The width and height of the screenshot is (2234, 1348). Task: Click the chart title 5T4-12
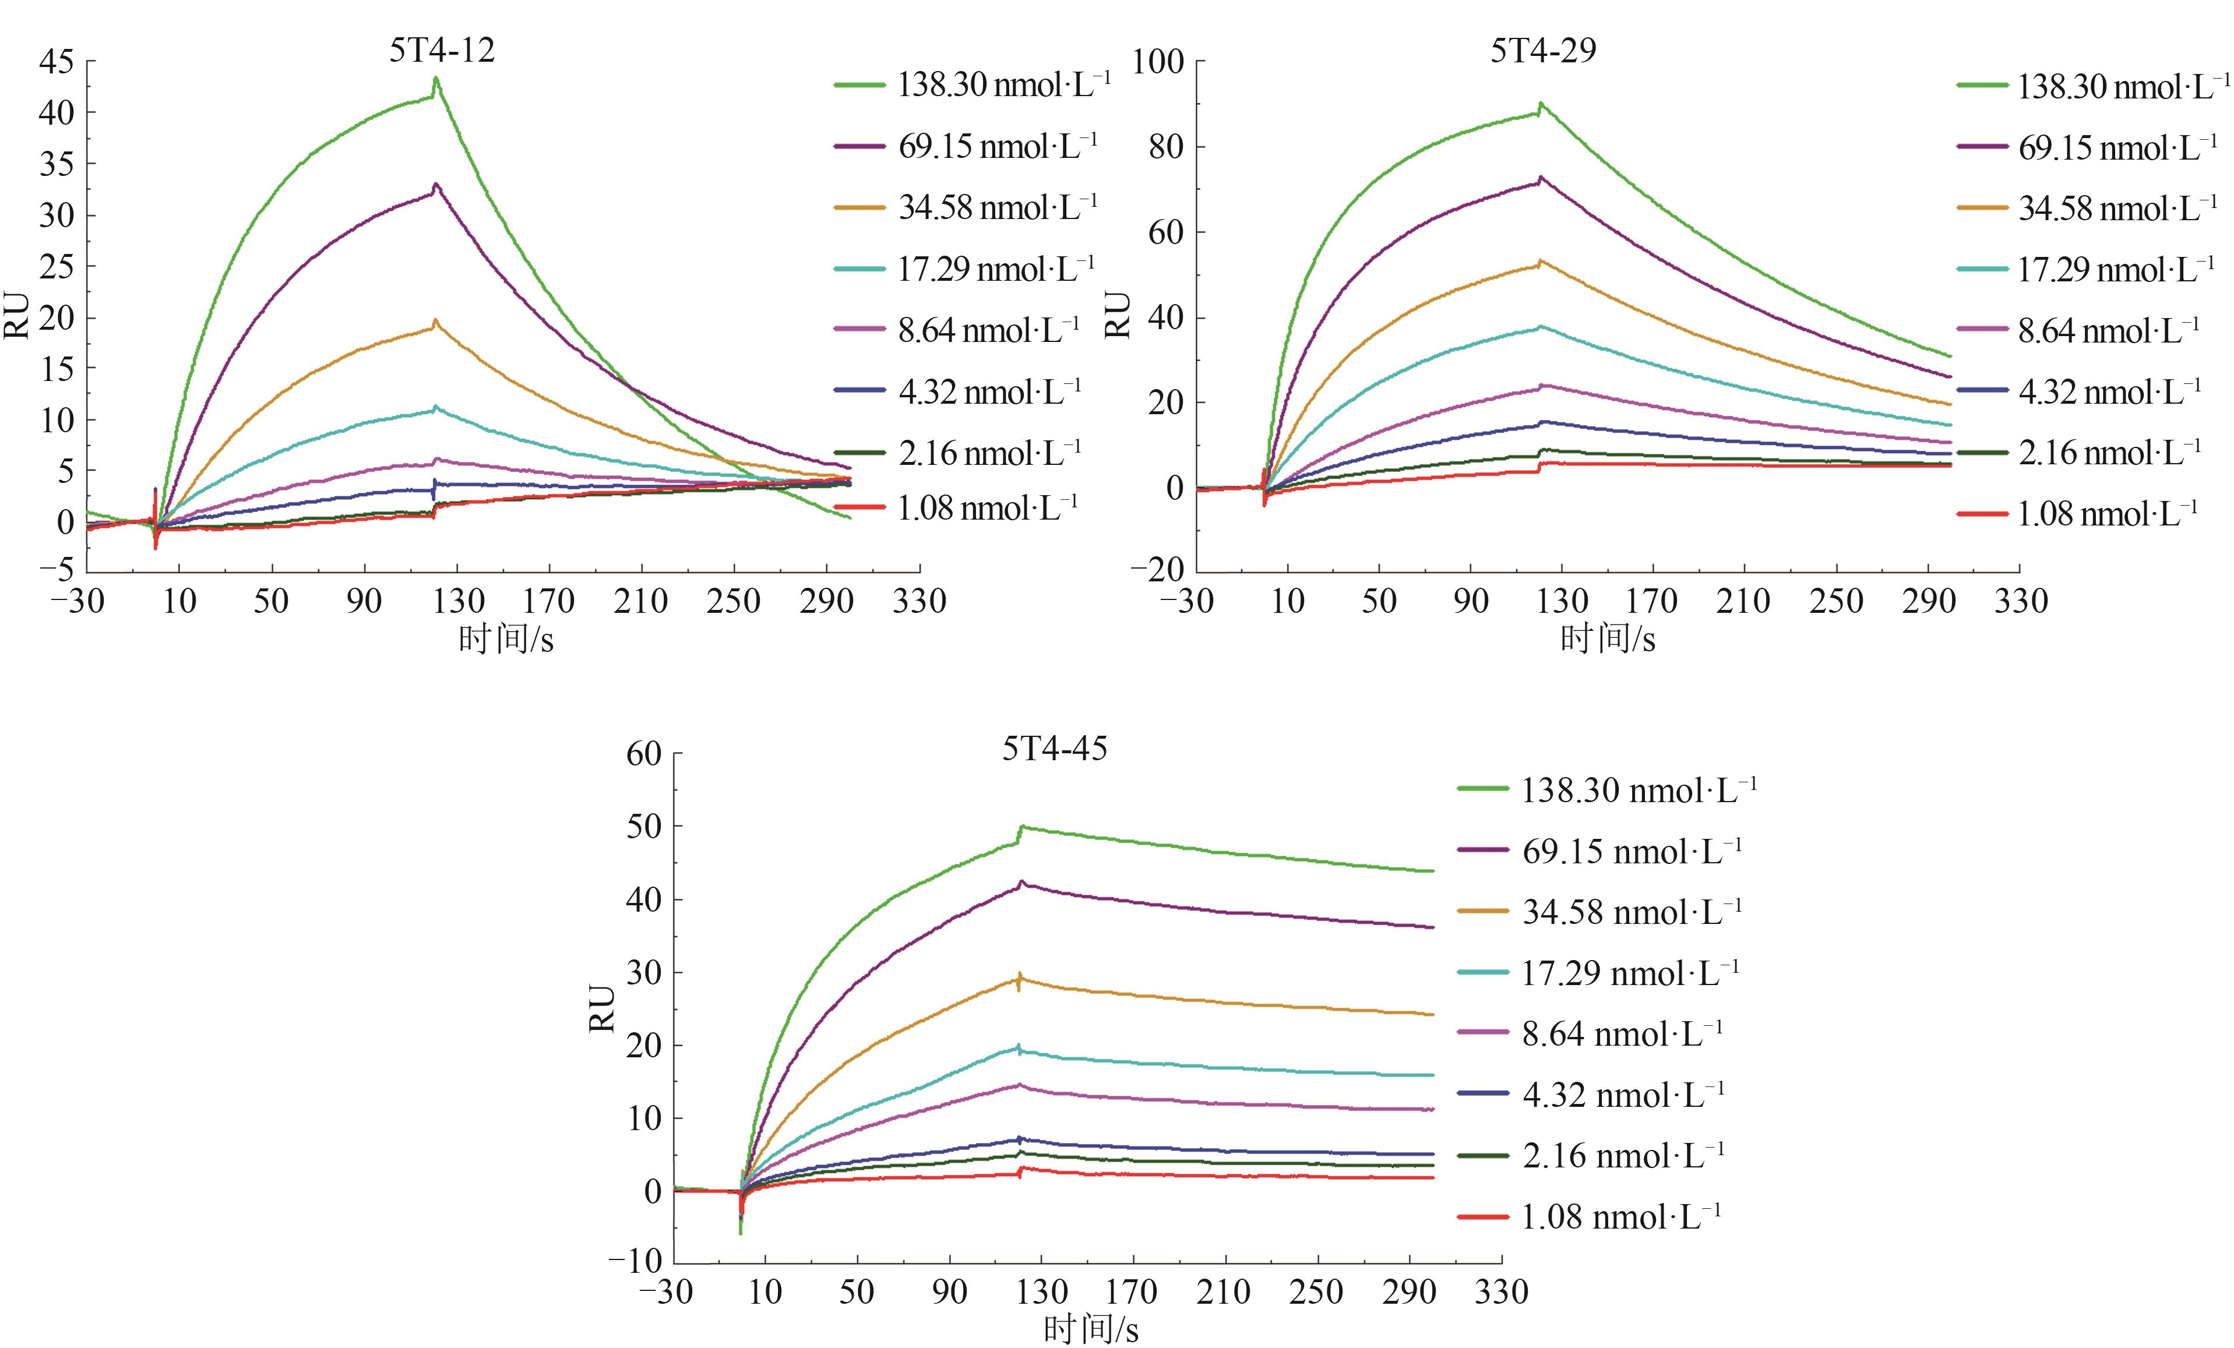point(442,50)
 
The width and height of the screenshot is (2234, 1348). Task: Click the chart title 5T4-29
point(1543,50)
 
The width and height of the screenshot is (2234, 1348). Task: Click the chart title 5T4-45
point(1055,749)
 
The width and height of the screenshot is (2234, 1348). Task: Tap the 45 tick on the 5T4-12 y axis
point(56,62)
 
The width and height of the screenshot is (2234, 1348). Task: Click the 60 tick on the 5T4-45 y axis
point(644,753)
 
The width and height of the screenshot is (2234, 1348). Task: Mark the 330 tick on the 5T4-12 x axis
point(919,601)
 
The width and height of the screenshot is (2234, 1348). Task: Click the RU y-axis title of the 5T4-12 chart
point(18,316)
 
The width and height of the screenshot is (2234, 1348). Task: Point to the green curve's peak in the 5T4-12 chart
point(436,79)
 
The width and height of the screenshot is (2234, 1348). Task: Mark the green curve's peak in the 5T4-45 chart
point(1023,827)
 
